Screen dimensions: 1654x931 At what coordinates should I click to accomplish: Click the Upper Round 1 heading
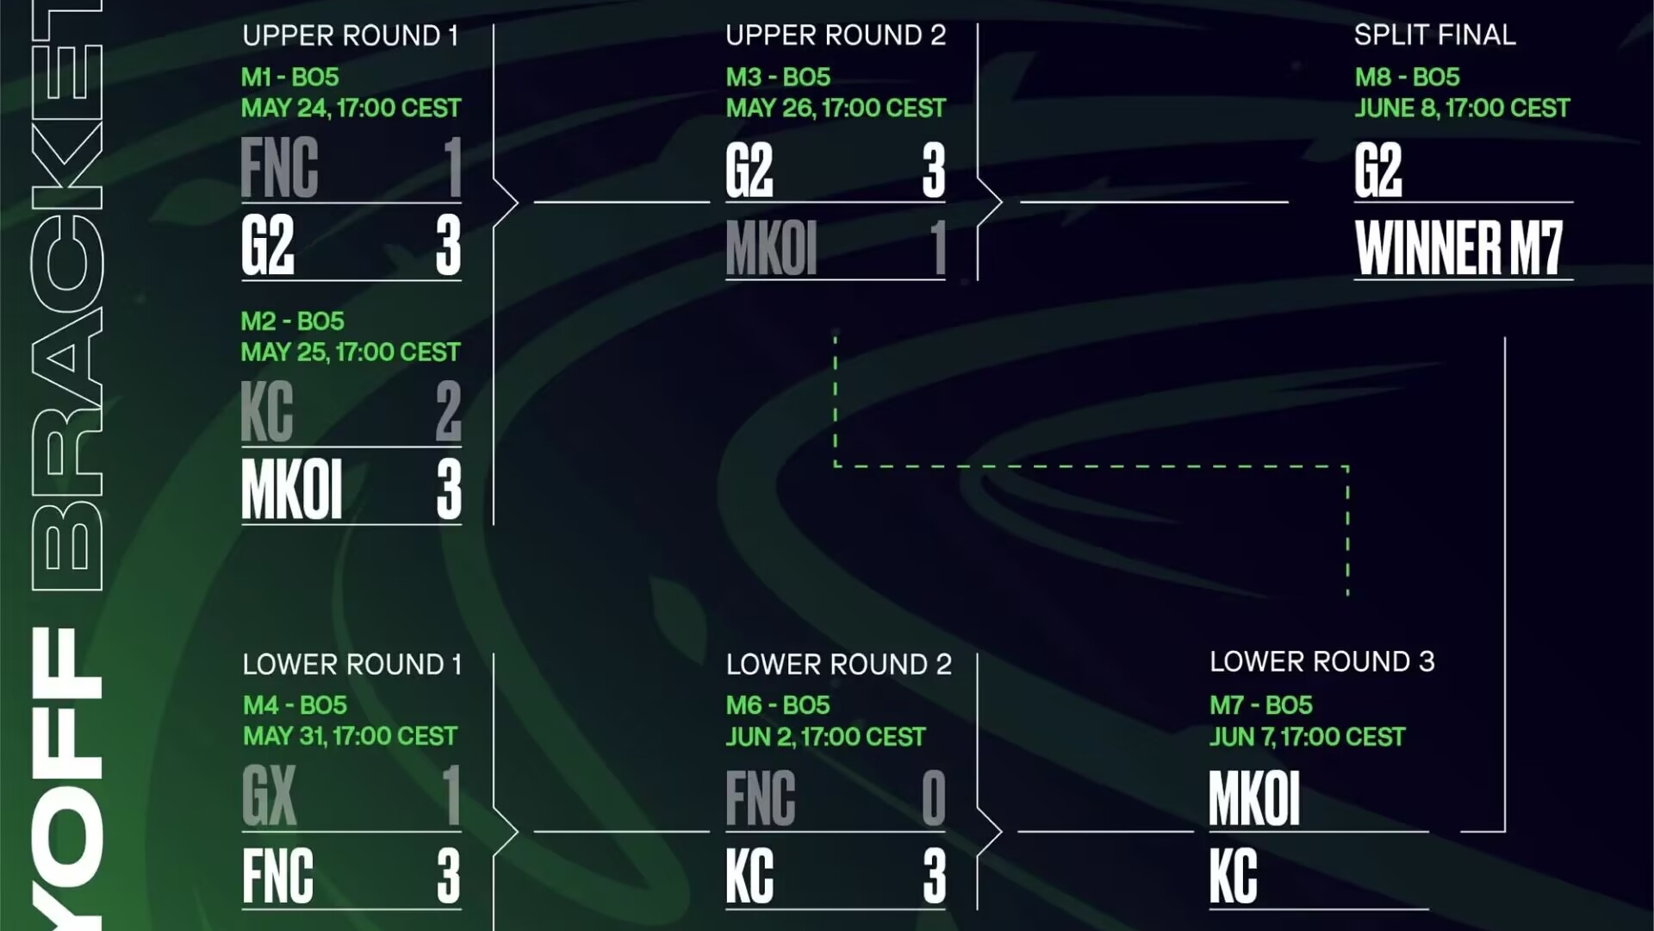(x=350, y=35)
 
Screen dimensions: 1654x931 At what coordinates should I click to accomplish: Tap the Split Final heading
(x=1434, y=34)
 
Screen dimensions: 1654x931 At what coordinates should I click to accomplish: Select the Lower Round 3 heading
(x=1321, y=661)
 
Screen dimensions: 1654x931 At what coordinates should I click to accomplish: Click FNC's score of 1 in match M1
(x=453, y=167)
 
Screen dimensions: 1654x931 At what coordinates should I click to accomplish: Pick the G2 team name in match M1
(x=268, y=245)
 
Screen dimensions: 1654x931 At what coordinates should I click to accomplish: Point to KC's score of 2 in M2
(x=448, y=411)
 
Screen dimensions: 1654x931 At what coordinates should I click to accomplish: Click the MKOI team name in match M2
(x=292, y=489)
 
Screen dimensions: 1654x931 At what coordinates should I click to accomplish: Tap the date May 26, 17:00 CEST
(x=836, y=108)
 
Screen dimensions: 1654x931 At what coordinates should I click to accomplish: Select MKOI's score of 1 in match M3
(x=938, y=247)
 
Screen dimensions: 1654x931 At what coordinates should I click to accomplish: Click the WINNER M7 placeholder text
(x=1458, y=247)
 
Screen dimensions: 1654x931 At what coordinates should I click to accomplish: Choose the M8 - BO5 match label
(x=1407, y=77)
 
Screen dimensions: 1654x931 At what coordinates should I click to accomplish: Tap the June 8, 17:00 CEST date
(x=1462, y=108)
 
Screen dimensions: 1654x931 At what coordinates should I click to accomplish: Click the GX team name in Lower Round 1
(x=269, y=796)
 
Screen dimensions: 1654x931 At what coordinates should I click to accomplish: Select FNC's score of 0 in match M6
(x=934, y=797)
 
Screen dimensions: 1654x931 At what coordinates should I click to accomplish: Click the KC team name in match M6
(x=749, y=876)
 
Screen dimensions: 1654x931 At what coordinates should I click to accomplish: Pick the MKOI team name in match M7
(x=1254, y=797)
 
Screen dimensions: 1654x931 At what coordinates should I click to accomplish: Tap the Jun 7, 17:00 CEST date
(x=1307, y=737)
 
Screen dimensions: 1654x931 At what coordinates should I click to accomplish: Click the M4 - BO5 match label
(x=295, y=705)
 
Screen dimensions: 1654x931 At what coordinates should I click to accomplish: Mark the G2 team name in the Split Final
(x=1378, y=170)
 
